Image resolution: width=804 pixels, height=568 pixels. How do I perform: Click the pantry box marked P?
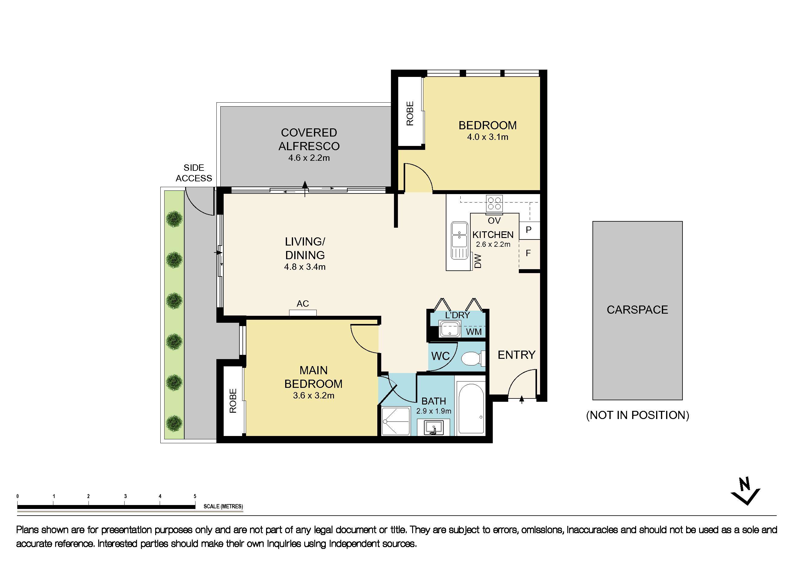coord(529,230)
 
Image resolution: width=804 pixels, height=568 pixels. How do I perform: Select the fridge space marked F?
coord(529,253)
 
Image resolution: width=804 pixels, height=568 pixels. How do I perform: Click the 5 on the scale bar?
coord(195,496)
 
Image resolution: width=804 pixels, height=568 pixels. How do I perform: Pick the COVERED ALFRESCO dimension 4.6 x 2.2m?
coord(309,158)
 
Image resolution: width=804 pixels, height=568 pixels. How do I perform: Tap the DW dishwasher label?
coord(478,261)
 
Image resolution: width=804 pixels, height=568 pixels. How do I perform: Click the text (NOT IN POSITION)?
coord(637,415)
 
